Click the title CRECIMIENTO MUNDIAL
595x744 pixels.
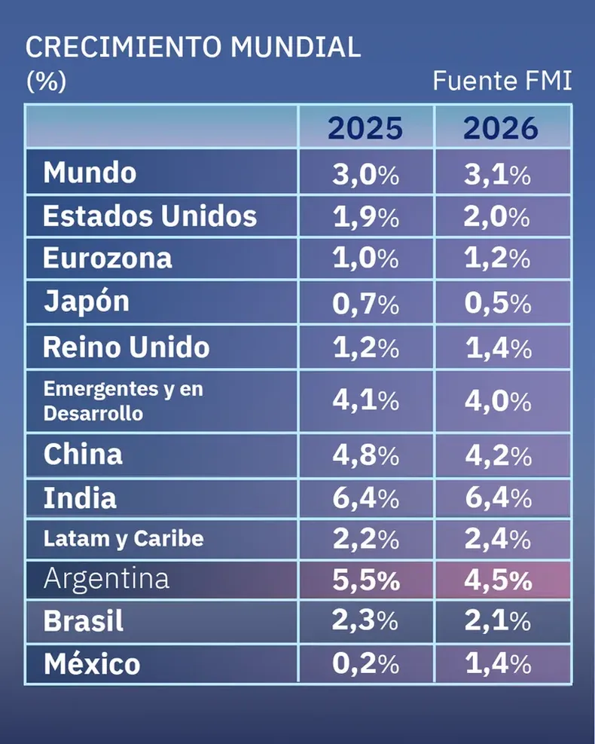click(193, 47)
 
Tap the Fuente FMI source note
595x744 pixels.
click(502, 81)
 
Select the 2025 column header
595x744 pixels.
click(365, 128)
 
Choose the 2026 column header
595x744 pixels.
click(501, 128)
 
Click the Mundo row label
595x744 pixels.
click(90, 173)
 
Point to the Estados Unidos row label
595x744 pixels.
click(150, 216)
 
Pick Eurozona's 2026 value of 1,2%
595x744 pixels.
click(497, 259)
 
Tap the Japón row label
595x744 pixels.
click(86, 302)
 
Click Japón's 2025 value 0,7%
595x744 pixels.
click(365, 305)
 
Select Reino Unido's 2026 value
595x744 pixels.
click(497, 348)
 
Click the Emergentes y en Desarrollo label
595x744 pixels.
click(124, 401)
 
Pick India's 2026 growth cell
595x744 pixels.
click(497, 498)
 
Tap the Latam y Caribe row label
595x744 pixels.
click(124, 539)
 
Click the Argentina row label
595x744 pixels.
click(106, 579)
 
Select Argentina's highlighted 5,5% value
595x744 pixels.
click(365, 580)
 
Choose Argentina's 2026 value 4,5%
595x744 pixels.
click(497, 580)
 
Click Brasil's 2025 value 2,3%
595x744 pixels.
click(365, 622)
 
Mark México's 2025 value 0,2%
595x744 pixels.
click(365, 664)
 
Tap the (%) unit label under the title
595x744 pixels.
click(46, 81)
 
